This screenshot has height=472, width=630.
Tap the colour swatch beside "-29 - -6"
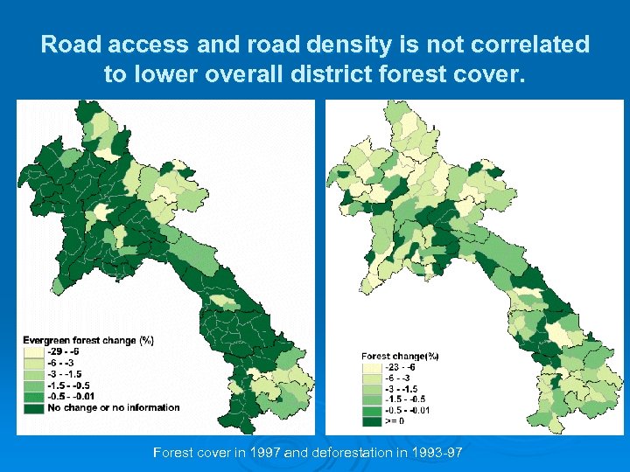point(33,351)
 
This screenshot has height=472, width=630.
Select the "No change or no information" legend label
point(114,407)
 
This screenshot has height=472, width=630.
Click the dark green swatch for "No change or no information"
point(33,407)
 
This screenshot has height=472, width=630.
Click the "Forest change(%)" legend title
point(400,356)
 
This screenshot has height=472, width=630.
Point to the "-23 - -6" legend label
point(402,367)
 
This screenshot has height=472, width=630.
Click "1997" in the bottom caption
point(262,453)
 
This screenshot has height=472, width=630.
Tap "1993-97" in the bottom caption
point(437,453)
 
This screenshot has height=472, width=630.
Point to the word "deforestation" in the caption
point(348,453)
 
